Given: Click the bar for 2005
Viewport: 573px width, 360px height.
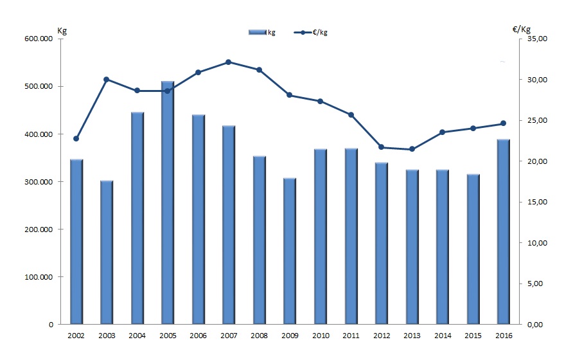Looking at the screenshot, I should click(x=168, y=203).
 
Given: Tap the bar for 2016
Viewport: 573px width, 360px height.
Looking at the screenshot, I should click(x=503, y=231).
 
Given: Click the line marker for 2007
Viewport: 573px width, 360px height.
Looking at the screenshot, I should click(x=228, y=62).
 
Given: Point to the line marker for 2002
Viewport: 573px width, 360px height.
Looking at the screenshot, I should click(x=76, y=138).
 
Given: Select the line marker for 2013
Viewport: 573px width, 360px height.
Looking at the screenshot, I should click(x=412, y=149).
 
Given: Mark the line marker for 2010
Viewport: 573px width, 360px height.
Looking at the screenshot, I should click(x=320, y=101).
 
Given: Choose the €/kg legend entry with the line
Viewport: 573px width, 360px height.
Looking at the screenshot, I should click(x=315, y=32).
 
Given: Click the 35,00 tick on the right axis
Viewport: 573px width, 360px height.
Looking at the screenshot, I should click(x=538, y=39).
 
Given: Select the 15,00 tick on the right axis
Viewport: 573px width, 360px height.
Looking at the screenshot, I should click(x=538, y=202).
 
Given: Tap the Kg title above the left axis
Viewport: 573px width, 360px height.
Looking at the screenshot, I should click(x=62, y=30).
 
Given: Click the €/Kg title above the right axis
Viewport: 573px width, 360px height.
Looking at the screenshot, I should click(x=522, y=30).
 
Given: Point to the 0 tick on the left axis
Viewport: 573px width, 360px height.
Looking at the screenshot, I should click(x=50, y=325).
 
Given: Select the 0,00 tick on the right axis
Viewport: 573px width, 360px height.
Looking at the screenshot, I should click(x=536, y=325).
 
